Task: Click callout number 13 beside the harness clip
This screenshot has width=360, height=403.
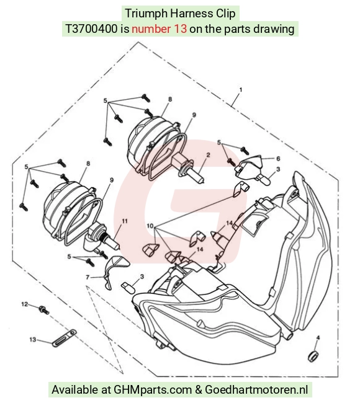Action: pos(33,340)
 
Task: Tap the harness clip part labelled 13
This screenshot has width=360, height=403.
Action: pos(64,339)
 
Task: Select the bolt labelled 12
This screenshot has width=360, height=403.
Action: pos(44,310)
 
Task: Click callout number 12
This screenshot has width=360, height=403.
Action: pos(24,304)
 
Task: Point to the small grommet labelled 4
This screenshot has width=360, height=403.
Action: pos(313,356)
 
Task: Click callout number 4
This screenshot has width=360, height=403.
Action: pos(318,337)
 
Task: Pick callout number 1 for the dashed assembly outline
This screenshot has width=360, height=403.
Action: pos(241,90)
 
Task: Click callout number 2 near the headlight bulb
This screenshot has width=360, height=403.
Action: pos(208,155)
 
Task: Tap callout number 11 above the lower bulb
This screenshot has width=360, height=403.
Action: pos(125,221)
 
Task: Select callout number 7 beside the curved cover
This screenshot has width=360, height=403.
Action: pos(88,277)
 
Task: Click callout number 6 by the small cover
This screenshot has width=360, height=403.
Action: pos(278,159)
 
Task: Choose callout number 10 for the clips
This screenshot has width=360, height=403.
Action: pos(150,226)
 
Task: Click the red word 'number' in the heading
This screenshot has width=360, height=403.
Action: pos(151,29)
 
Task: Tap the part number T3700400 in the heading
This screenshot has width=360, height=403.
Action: pos(92,29)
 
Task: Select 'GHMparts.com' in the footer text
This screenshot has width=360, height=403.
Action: pos(153,389)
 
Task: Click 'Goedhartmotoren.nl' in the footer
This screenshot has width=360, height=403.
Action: pos(256,389)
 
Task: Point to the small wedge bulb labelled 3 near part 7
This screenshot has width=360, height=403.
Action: pos(128,287)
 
